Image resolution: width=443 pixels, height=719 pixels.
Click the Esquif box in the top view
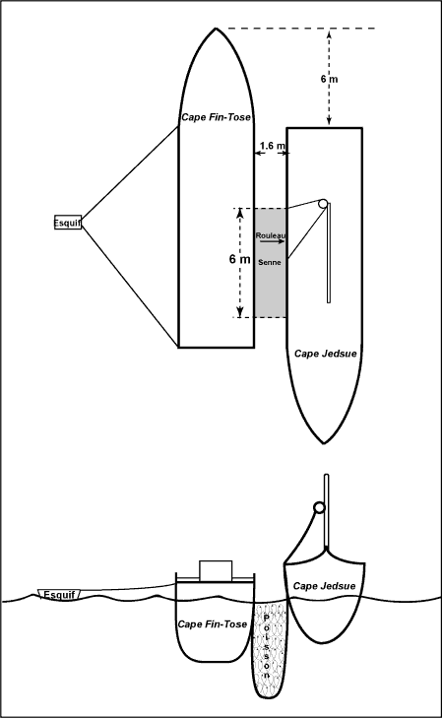(x=68, y=223)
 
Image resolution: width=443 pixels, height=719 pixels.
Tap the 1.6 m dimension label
(x=272, y=146)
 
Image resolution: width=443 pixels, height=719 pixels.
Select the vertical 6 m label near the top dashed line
(x=329, y=79)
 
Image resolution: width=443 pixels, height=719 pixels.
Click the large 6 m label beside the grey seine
(x=239, y=259)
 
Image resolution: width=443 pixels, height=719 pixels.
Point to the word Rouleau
(x=271, y=235)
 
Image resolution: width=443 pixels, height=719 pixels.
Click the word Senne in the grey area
(x=270, y=262)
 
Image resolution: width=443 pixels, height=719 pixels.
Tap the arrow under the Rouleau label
(x=272, y=241)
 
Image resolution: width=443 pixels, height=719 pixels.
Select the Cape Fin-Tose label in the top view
(x=216, y=117)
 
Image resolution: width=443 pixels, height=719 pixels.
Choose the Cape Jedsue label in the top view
(x=325, y=354)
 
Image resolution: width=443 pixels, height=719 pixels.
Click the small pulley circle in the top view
(x=323, y=203)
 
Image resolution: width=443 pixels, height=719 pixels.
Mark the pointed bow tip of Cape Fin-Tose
(x=216, y=29)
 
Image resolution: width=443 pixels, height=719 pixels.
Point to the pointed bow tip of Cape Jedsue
(x=324, y=443)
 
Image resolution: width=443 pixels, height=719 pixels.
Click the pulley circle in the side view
(x=319, y=507)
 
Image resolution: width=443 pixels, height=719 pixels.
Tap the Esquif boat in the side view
(x=59, y=594)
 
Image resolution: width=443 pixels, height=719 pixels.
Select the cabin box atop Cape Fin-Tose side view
(x=216, y=570)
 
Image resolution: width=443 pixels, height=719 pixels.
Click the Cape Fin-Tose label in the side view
(x=212, y=624)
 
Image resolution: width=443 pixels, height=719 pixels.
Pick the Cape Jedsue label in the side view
(x=324, y=586)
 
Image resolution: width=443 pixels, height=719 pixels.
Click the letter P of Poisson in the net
(x=266, y=618)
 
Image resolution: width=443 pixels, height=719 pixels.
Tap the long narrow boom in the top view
(x=329, y=253)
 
